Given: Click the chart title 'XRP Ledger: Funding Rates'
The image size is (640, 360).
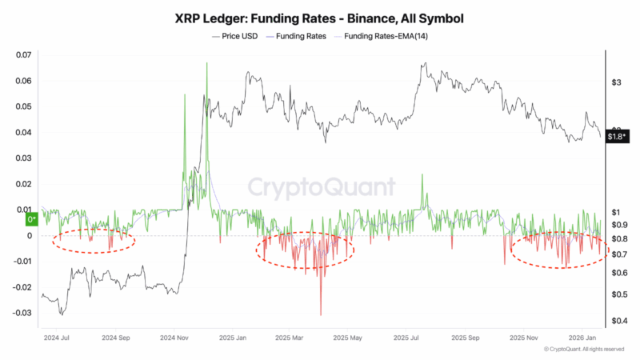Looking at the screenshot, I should [319, 18].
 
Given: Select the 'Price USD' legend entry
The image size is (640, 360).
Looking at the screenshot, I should [236, 36].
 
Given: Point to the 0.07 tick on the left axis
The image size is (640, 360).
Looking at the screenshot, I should [24, 54].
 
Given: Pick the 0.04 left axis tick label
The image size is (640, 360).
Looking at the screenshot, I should [24, 132].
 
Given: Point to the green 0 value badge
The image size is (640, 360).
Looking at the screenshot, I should [32, 218].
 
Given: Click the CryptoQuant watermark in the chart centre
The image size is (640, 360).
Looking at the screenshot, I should [320, 187].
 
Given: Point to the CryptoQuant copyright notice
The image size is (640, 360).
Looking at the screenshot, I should [585, 350].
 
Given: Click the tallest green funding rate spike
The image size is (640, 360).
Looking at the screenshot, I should [206, 64].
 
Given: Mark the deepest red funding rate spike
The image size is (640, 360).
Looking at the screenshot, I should [321, 314].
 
